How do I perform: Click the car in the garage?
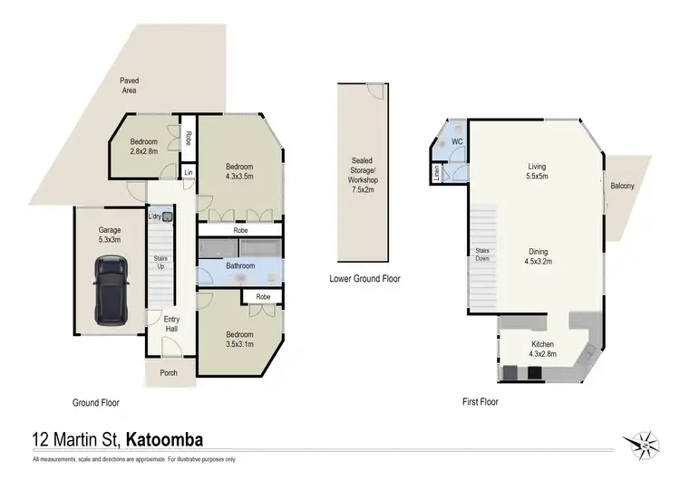(x=112, y=290)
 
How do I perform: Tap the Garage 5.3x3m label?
(x=110, y=235)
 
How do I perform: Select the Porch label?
(x=169, y=373)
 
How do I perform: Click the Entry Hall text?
(x=171, y=323)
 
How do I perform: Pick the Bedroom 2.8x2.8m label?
(x=143, y=147)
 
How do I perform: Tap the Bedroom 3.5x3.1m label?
(x=239, y=340)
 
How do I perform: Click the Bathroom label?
(x=240, y=266)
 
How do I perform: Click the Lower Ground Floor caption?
(x=364, y=279)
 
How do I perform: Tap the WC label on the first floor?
(x=458, y=142)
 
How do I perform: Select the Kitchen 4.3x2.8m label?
(x=542, y=349)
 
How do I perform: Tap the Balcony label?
(x=622, y=187)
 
